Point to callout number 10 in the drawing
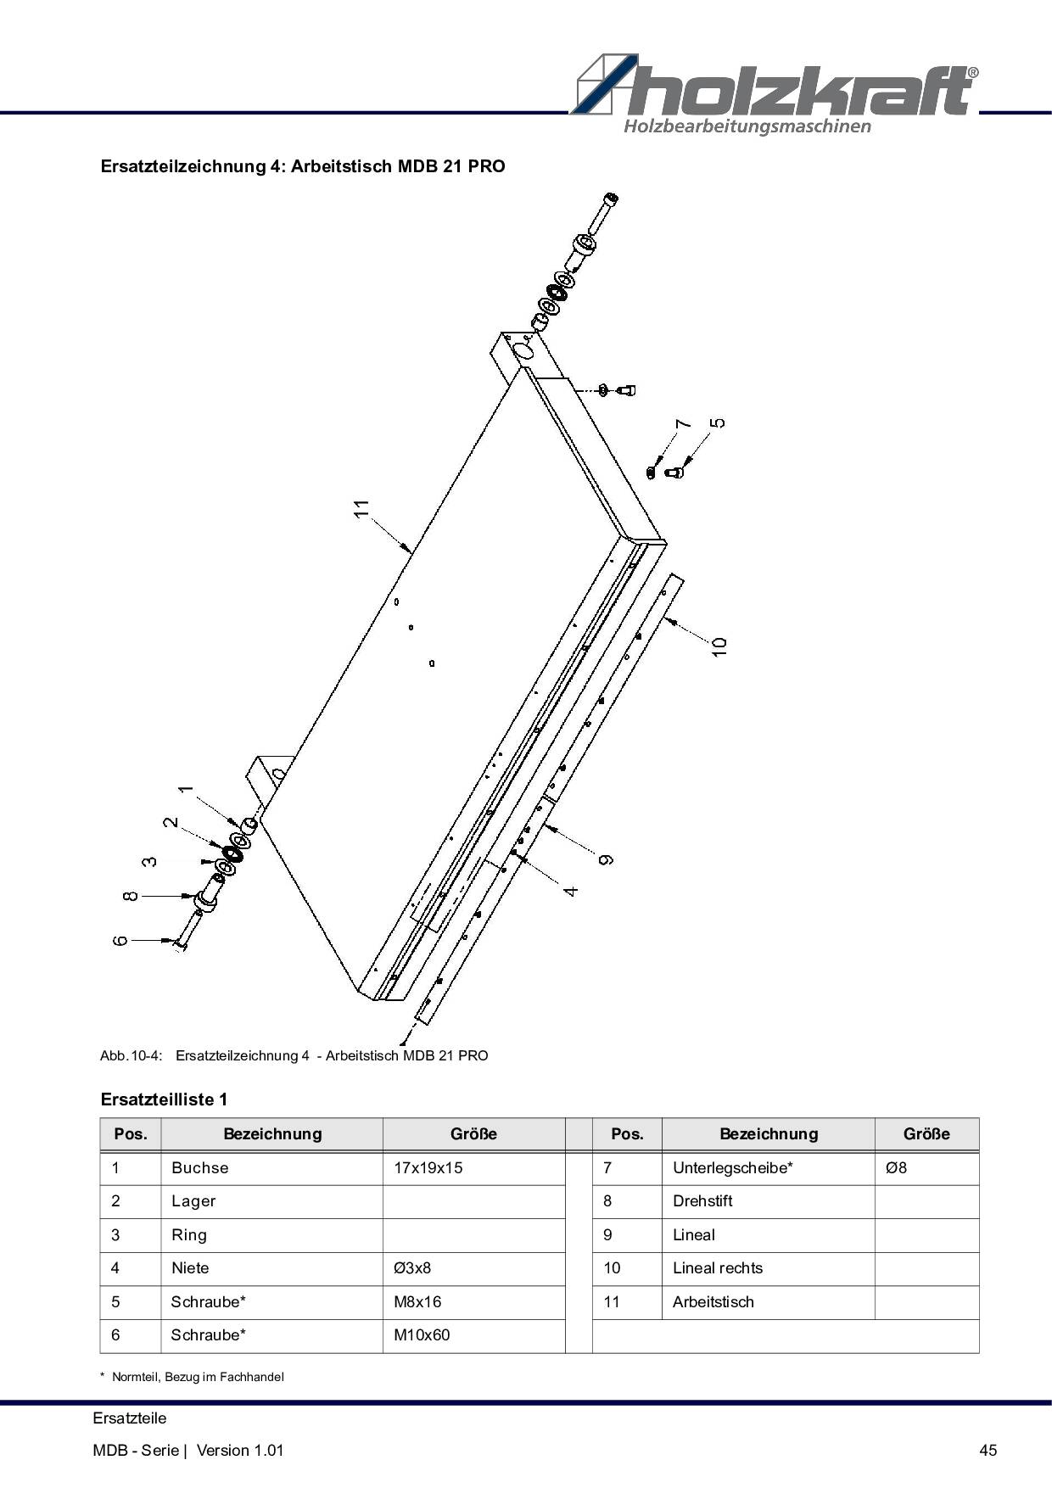[719, 646]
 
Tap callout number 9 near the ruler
[606, 860]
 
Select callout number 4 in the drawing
[571, 891]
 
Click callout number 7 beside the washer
[683, 424]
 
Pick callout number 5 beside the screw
[718, 422]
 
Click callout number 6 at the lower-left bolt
[120, 940]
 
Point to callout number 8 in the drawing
[130, 896]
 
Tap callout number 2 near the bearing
[171, 822]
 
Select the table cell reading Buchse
[200, 1168]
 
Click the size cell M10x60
[422, 1335]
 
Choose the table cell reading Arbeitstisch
[713, 1302]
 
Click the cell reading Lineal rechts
[718, 1268]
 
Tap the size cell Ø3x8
[412, 1268]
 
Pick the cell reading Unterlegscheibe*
[733, 1168]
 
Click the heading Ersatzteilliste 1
[164, 1099]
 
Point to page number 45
[988, 1450]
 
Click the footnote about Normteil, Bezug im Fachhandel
[192, 1377]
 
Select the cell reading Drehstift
[702, 1201]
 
